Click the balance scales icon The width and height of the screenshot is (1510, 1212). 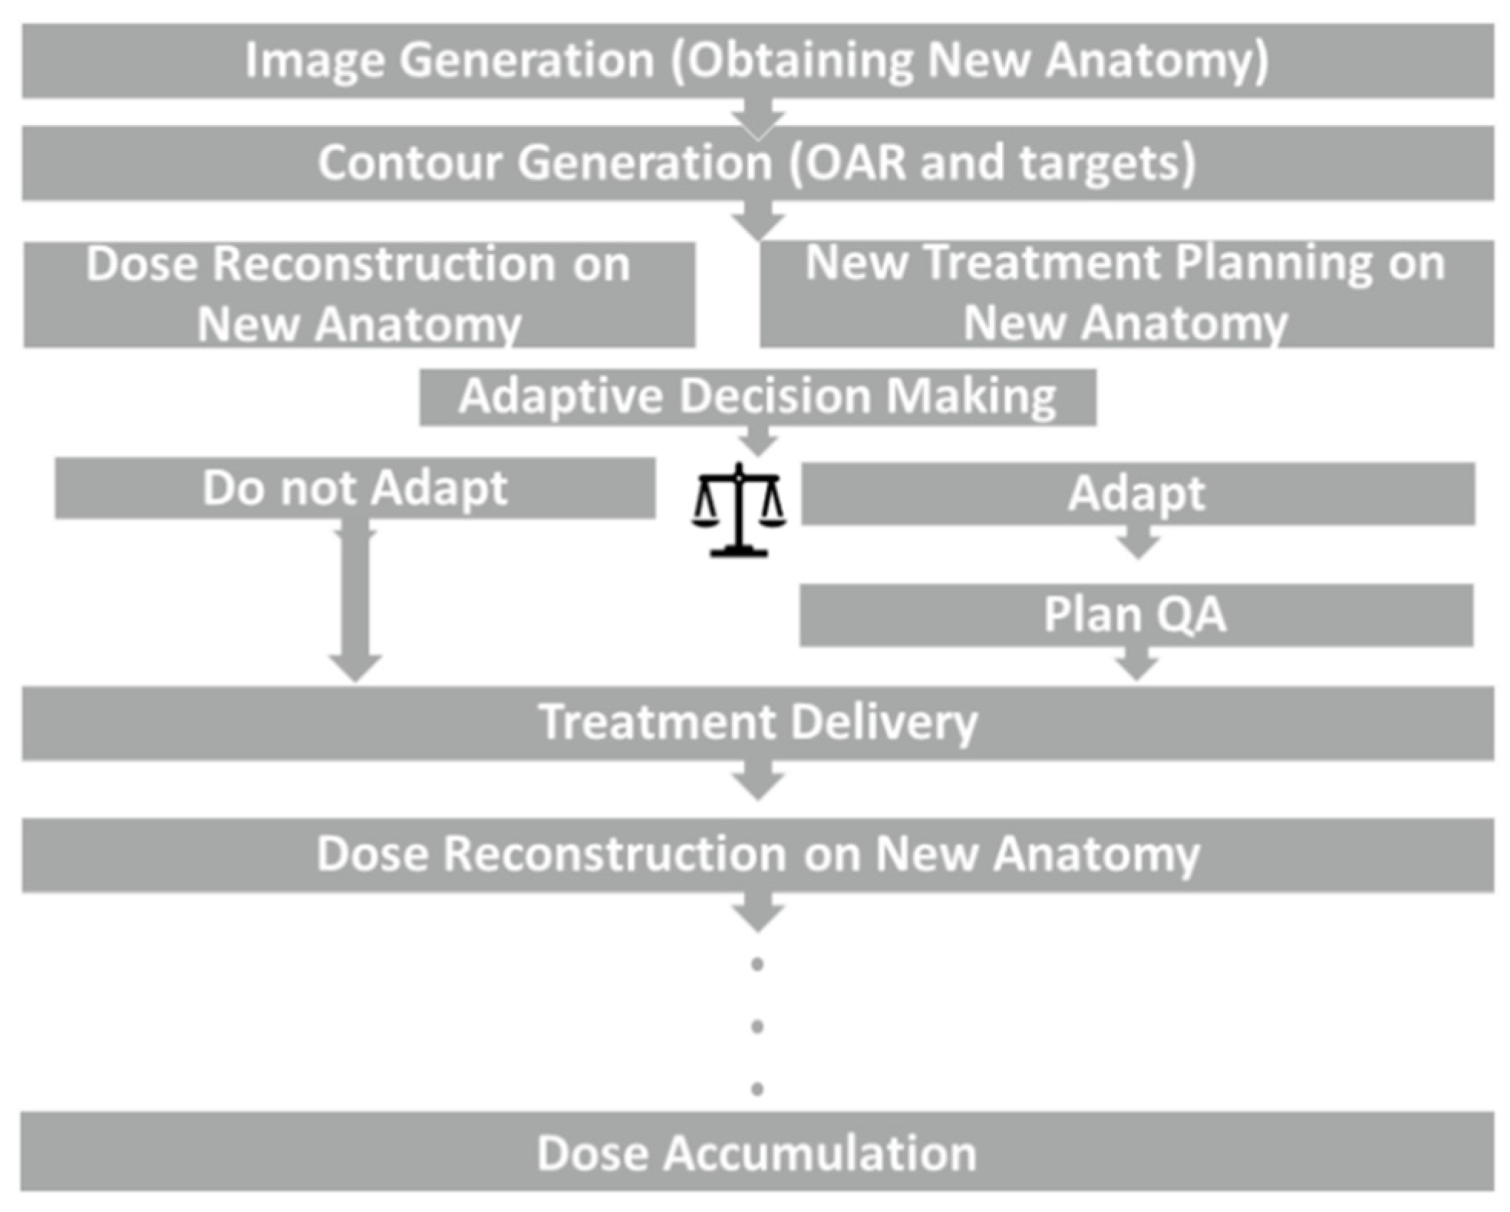[x=738, y=510]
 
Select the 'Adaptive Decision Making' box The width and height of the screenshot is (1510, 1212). [x=757, y=397]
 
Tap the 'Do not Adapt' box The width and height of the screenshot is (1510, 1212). [x=354, y=488]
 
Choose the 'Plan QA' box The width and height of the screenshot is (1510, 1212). [x=1136, y=615]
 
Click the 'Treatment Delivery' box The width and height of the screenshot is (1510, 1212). [x=757, y=723]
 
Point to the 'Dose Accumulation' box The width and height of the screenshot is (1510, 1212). [x=757, y=1152]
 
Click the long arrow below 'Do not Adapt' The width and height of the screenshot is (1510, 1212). [x=355, y=599]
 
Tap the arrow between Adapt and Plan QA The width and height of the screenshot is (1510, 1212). [x=1138, y=542]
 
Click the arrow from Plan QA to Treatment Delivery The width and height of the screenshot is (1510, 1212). [x=1136, y=664]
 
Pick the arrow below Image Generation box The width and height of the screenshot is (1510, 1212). [x=758, y=118]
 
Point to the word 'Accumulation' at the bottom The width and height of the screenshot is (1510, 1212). [x=819, y=1153]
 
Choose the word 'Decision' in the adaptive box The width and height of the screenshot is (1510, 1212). [x=776, y=397]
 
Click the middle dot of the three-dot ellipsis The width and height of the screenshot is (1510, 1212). [x=757, y=1026]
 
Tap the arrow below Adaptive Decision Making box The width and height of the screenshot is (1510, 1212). [x=758, y=442]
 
